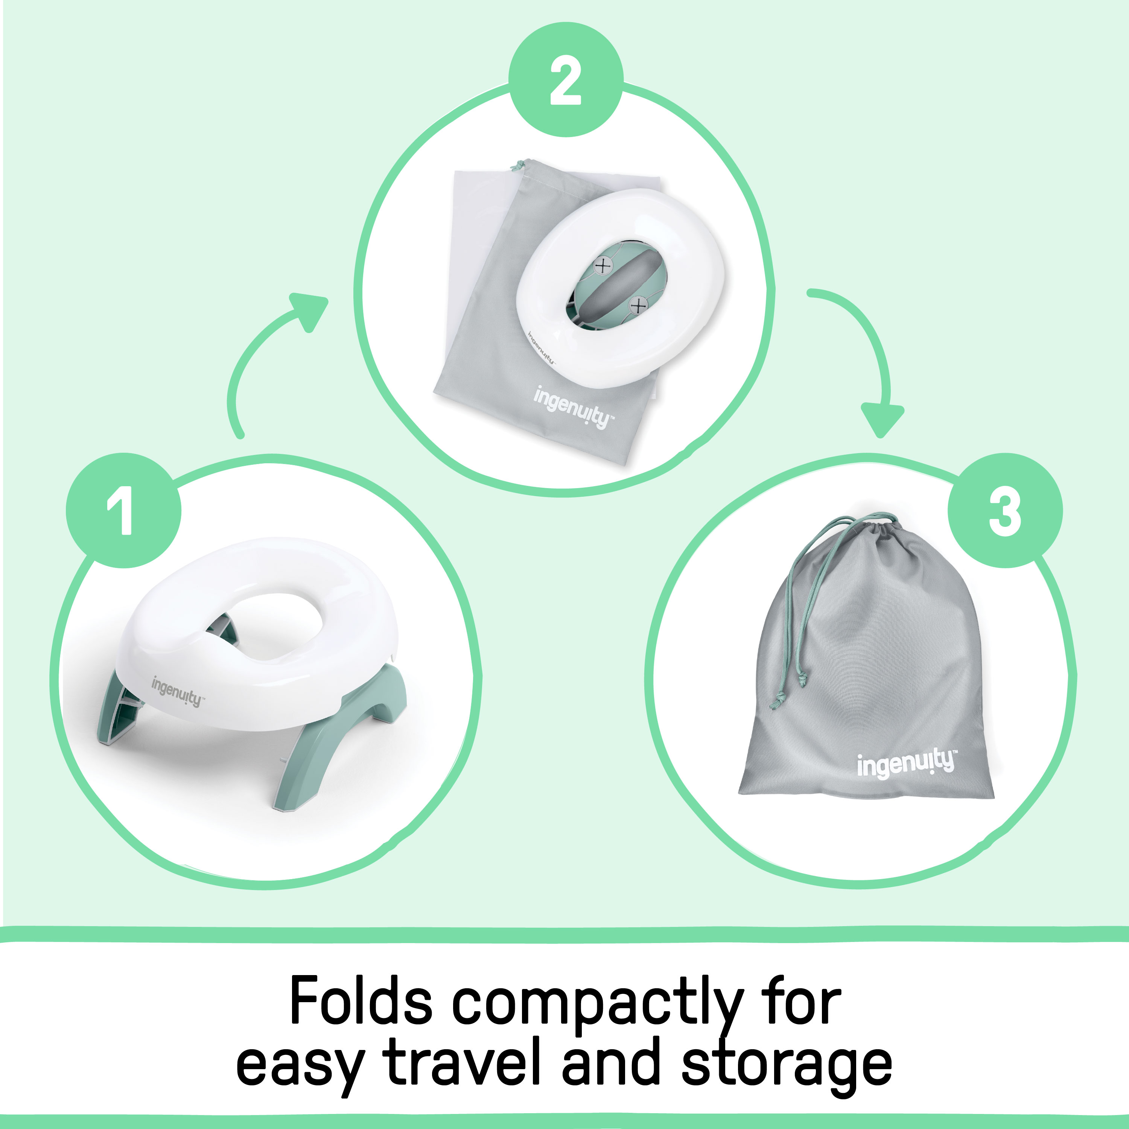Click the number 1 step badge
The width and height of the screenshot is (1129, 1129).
pos(123,510)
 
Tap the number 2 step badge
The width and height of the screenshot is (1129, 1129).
pos(566,81)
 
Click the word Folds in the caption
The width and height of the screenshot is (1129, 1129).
pos(361,1001)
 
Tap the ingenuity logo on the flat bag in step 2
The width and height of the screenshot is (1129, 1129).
pos(573,407)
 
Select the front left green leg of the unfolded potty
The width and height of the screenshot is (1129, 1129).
pos(117,710)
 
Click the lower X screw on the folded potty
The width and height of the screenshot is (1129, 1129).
pos(639,305)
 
